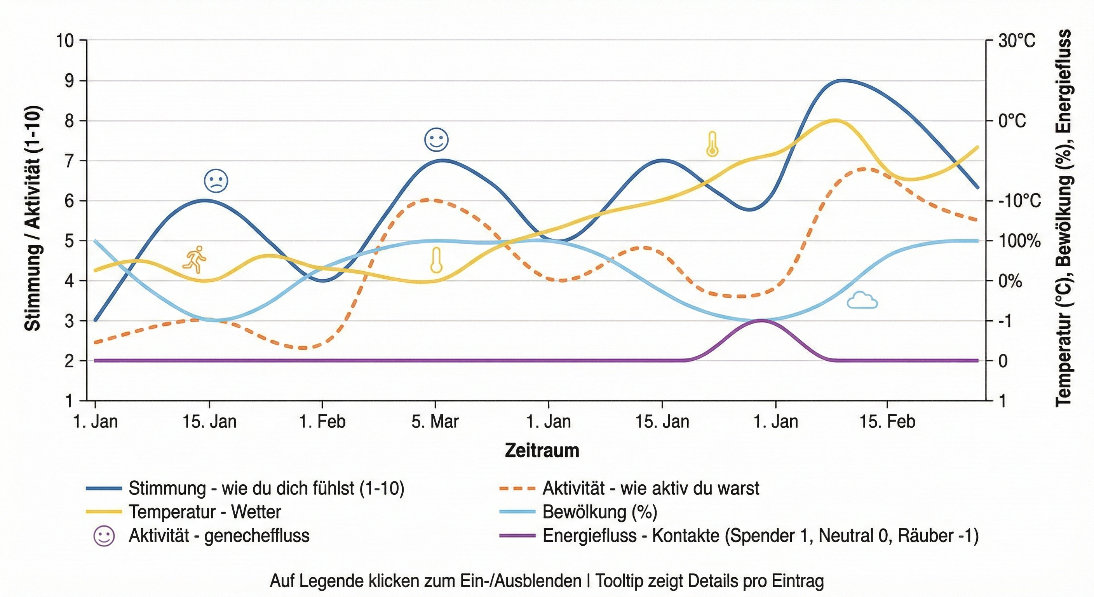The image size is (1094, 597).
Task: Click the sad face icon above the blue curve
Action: (x=216, y=181)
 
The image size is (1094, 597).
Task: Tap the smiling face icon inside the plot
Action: (x=436, y=140)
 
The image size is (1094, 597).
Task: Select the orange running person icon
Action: (x=195, y=259)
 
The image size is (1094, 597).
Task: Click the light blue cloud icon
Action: (x=862, y=300)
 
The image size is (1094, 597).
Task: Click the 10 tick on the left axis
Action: (x=65, y=41)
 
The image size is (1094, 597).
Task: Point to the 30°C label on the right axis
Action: (x=1017, y=41)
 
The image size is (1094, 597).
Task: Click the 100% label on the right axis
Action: (x=1019, y=241)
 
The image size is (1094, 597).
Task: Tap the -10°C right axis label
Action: (x=1019, y=201)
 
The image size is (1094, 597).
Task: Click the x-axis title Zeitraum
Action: (x=542, y=450)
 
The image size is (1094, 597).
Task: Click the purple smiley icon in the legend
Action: (x=104, y=536)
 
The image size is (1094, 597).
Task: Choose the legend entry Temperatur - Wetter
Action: (x=205, y=512)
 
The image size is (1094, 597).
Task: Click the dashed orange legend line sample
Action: (x=517, y=488)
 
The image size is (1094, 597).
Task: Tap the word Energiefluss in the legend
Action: (x=589, y=536)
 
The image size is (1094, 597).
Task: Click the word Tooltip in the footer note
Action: (x=619, y=580)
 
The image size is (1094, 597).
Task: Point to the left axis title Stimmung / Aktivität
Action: (x=33, y=218)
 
